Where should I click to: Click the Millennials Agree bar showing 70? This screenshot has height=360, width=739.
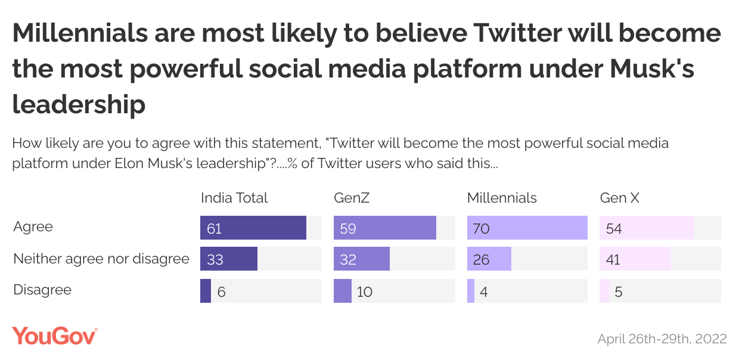(527, 228)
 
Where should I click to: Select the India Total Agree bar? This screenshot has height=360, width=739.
(253, 228)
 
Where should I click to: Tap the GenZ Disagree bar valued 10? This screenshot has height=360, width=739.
(343, 291)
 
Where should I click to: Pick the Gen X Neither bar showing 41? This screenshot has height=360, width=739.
(635, 259)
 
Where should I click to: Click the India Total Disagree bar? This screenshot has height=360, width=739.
(206, 291)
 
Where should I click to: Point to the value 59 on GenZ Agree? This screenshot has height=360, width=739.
(348, 228)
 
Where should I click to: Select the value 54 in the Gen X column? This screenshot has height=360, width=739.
(614, 228)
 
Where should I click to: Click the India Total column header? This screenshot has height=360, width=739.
(234, 198)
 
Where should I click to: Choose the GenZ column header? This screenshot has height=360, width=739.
(352, 198)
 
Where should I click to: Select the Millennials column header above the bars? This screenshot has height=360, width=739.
(502, 198)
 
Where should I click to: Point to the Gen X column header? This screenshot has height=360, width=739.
(619, 198)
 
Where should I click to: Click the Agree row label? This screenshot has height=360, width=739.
(33, 227)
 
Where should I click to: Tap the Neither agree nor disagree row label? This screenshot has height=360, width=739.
(101, 259)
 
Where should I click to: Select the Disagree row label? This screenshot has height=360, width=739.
(42, 290)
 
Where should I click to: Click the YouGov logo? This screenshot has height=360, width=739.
(55, 337)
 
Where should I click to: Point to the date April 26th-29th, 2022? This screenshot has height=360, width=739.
(662, 339)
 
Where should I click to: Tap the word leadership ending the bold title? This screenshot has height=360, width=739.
(79, 104)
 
